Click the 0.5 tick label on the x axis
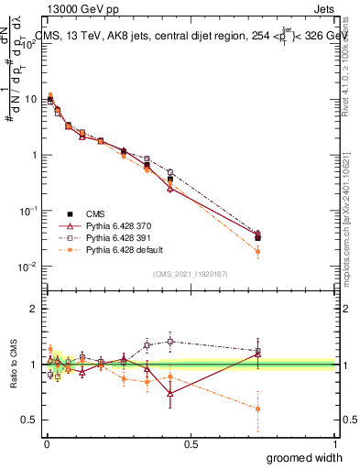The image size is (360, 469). point(191,442)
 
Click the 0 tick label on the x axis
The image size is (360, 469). point(46,442)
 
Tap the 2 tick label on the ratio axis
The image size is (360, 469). point(34,309)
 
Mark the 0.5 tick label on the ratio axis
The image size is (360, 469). point(28,420)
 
